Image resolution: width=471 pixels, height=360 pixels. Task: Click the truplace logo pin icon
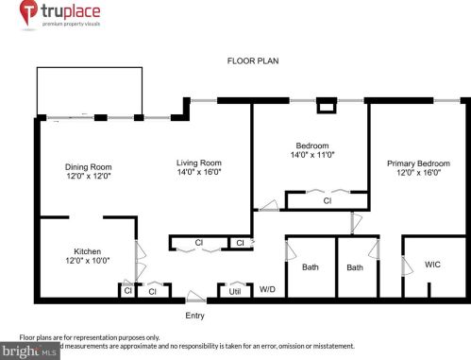27,14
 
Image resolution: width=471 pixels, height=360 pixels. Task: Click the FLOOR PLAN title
253,60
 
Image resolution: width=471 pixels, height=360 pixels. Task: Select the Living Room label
198,163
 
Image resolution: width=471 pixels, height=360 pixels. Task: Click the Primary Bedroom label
419,163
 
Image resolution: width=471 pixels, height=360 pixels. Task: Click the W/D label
267,289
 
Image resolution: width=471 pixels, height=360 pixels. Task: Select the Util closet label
235,292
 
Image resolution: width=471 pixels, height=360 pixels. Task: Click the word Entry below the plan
195,316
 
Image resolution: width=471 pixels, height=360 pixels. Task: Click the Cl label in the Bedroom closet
327,200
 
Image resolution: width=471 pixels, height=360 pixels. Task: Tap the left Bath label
311,267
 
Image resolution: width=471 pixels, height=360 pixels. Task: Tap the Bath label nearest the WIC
355,267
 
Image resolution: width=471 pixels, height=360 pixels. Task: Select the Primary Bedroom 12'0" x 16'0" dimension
419,174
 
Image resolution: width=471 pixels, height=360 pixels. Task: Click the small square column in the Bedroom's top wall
327,107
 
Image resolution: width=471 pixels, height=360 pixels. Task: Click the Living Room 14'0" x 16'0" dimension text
198,173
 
